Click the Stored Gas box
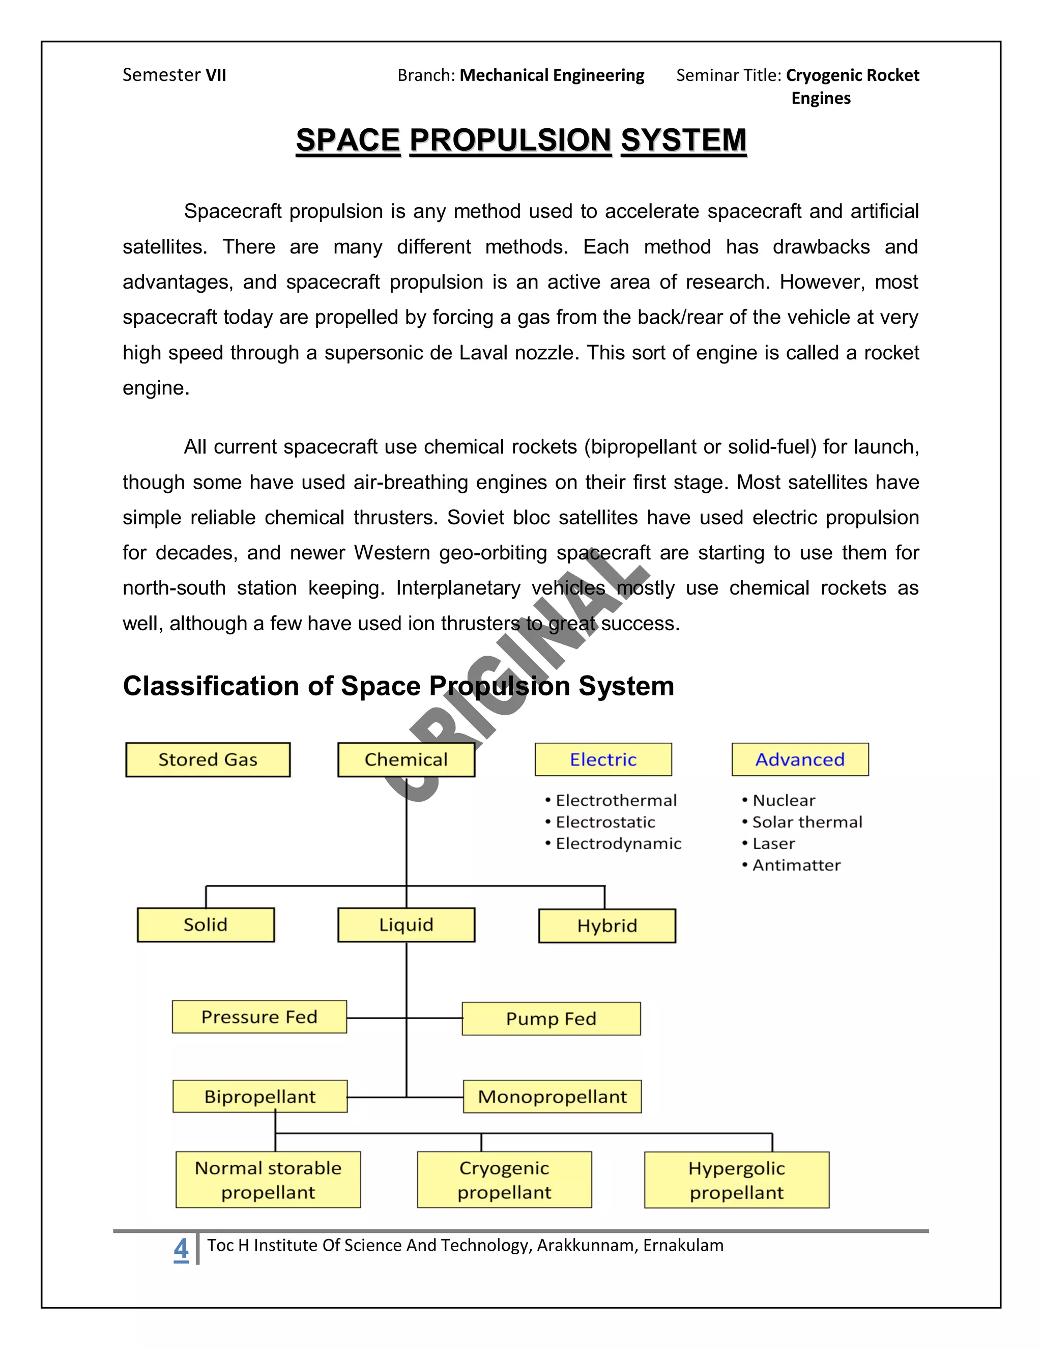[208, 759]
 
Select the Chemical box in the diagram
[406, 759]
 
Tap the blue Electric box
[603, 759]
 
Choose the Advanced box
[800, 759]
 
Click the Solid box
[206, 924]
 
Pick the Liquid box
[406, 924]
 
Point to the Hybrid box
[607, 926]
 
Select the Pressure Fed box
[259, 1017]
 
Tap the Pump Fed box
[551, 1019]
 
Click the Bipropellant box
[260, 1097]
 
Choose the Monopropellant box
[553, 1097]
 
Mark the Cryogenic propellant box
[504, 1180]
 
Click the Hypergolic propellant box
[736, 1180]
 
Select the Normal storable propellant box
[268, 1180]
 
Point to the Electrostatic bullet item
[605, 822]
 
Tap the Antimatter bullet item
[796, 865]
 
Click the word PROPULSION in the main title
[510, 140]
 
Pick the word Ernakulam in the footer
[683, 1245]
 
